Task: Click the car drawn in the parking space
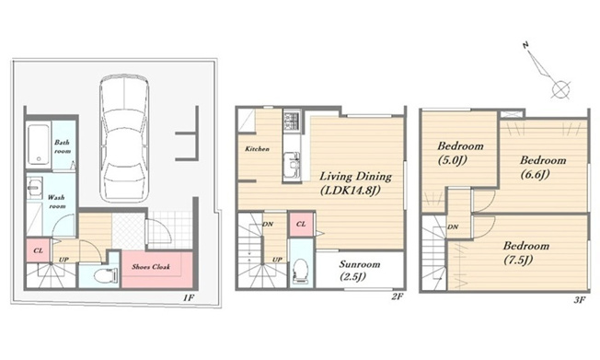(x=123, y=138)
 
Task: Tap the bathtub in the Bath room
(x=39, y=145)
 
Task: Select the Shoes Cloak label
(x=151, y=267)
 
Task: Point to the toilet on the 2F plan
(x=301, y=271)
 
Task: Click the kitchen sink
(x=292, y=165)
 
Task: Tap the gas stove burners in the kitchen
(x=292, y=120)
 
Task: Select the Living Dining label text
(x=355, y=176)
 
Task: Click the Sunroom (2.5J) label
(x=360, y=270)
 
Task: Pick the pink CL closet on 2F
(x=301, y=224)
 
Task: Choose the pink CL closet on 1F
(x=38, y=250)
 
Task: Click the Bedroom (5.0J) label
(x=460, y=153)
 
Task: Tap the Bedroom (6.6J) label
(x=543, y=167)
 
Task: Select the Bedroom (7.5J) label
(x=525, y=253)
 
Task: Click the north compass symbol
(x=548, y=73)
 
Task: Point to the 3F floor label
(x=580, y=300)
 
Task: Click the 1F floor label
(x=189, y=297)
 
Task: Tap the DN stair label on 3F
(x=453, y=226)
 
